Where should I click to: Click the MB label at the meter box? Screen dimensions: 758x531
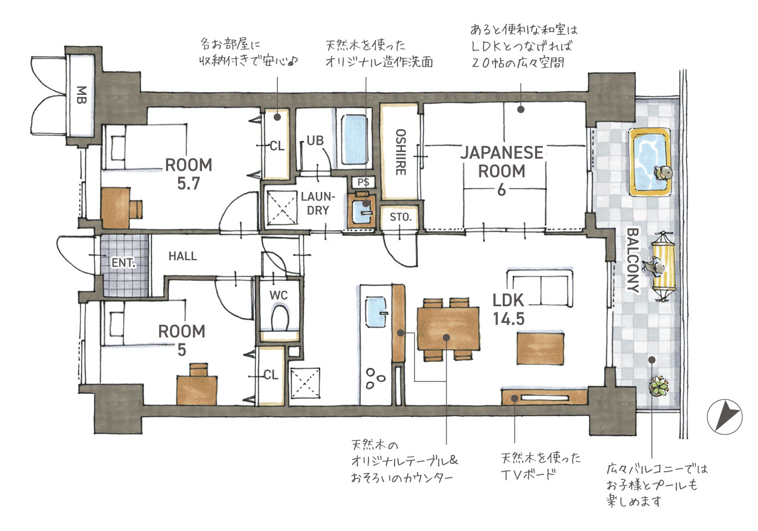(x=81, y=95)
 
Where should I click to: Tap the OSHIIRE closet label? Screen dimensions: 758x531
(x=401, y=152)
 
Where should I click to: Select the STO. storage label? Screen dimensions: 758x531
(x=401, y=217)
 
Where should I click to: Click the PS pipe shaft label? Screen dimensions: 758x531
(x=363, y=182)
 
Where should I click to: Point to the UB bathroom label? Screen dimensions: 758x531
(x=315, y=140)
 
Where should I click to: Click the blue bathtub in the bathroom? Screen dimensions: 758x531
(x=354, y=139)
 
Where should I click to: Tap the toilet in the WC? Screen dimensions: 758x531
(x=280, y=318)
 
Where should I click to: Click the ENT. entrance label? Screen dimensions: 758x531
(x=124, y=262)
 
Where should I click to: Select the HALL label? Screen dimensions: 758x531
(x=183, y=256)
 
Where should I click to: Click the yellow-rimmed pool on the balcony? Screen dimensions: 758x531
(x=649, y=162)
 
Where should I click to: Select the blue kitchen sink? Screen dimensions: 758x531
(x=376, y=312)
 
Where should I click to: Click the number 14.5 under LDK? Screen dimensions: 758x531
(x=509, y=319)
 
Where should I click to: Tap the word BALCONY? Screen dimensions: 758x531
(x=633, y=260)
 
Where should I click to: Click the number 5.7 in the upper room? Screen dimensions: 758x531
(x=189, y=184)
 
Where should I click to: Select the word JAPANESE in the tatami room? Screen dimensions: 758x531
(x=502, y=153)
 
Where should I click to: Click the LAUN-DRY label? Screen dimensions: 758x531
(x=318, y=204)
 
